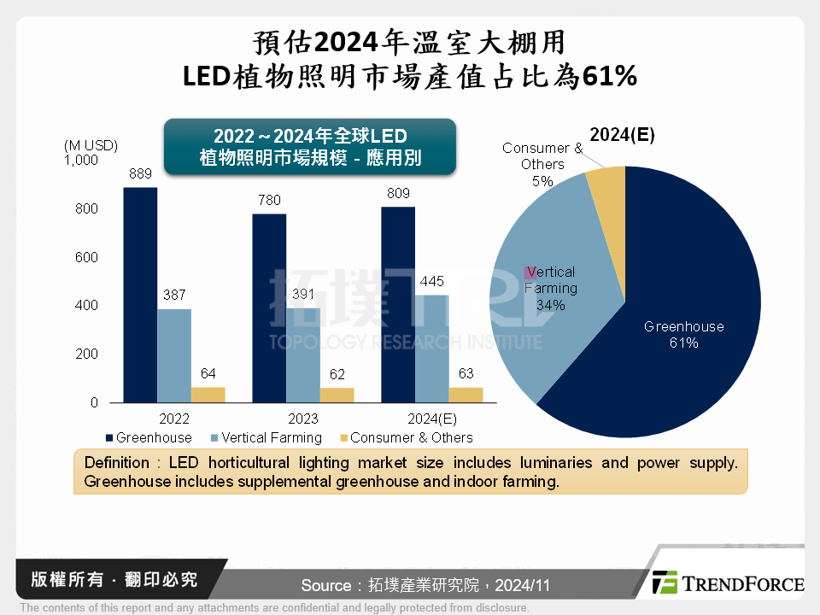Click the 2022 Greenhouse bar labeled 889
pyautogui.click(x=140, y=295)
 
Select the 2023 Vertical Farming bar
pyautogui.click(x=303, y=354)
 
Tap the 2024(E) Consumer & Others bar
pyautogui.click(x=466, y=394)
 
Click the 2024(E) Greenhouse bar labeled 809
pyautogui.click(x=398, y=304)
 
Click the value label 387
pyautogui.click(x=173, y=296)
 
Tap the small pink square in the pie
pyautogui.click(x=530, y=272)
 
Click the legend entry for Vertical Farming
pyautogui.click(x=264, y=437)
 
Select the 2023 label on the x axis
pyautogui.click(x=302, y=419)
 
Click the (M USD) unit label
pyautogui.click(x=91, y=145)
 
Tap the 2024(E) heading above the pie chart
pyautogui.click(x=622, y=135)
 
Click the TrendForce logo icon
pyautogui.click(x=664, y=583)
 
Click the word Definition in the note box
pyautogui.click(x=116, y=462)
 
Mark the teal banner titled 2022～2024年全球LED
pyautogui.click(x=309, y=147)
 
